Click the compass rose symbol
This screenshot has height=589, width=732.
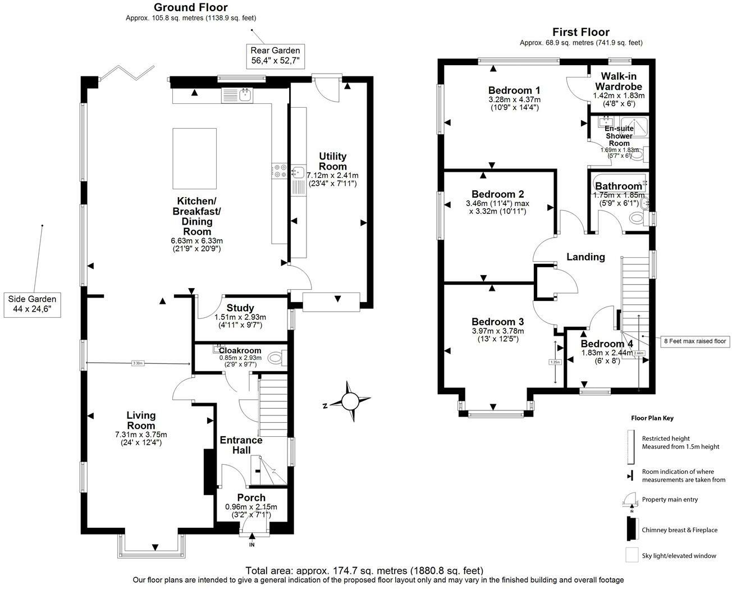350,401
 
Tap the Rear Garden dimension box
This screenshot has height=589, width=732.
275,56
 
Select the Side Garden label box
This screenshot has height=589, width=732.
32,304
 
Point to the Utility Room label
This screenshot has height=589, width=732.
333,161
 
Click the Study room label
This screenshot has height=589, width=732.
240,308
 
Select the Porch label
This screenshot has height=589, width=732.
251,497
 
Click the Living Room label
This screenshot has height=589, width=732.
140,420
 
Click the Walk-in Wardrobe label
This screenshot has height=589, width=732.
618,81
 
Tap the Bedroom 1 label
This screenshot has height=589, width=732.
514,90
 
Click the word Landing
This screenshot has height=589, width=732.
585,257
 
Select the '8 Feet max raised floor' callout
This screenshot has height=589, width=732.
694,341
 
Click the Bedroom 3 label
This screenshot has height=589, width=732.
497,322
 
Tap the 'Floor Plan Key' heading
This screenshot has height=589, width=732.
652,418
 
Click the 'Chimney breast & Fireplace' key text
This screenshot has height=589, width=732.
679,530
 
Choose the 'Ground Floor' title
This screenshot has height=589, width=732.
191,7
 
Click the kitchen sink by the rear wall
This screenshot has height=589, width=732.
245,94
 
